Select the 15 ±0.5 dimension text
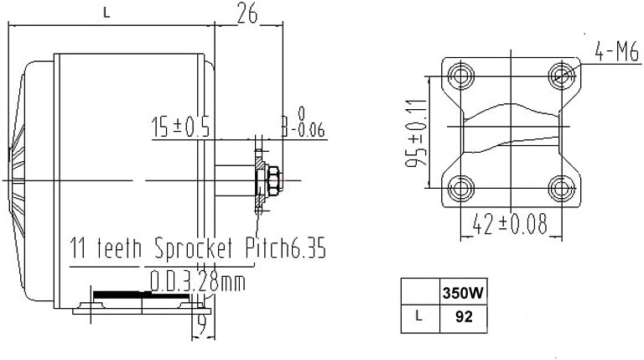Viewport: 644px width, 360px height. (179, 128)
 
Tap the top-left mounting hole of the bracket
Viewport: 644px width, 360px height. (459, 77)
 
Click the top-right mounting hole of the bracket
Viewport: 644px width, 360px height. (561, 77)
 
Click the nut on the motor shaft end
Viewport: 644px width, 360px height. (273, 178)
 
